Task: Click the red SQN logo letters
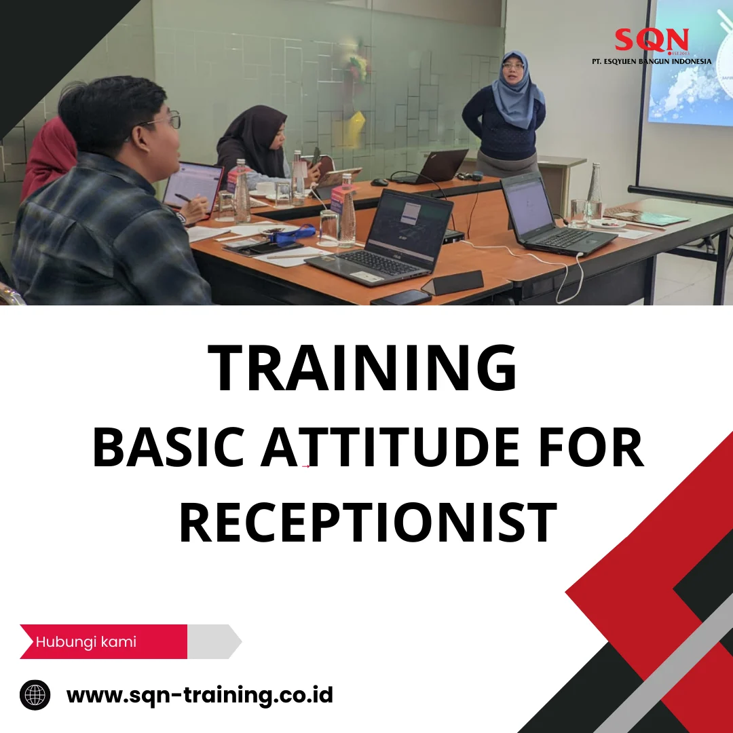click(x=651, y=40)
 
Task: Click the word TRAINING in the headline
click(x=362, y=369)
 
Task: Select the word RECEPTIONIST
click(x=368, y=523)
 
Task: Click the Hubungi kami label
click(x=86, y=641)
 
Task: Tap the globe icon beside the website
click(x=35, y=695)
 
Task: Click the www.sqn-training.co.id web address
click(x=200, y=695)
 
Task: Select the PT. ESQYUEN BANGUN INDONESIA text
click(x=652, y=61)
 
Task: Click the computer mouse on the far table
click(x=380, y=182)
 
